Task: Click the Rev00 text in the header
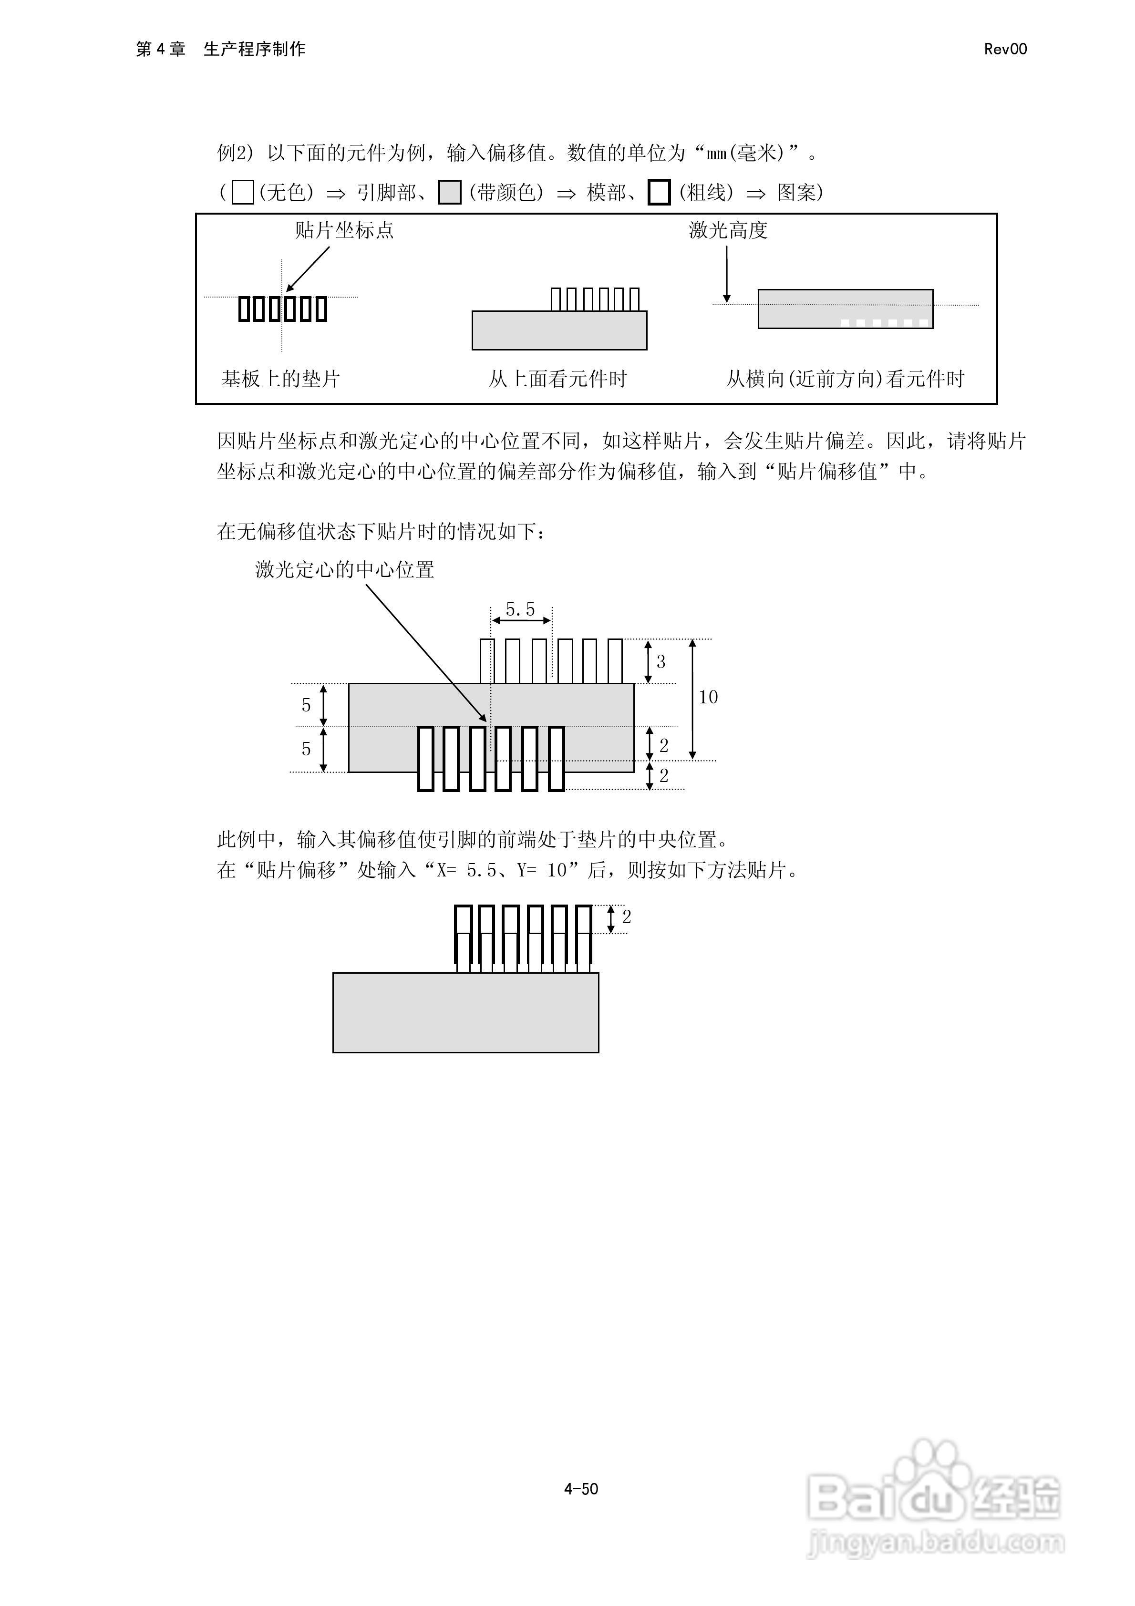tap(1005, 49)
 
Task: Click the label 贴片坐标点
tap(343, 230)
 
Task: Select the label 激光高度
tap(728, 230)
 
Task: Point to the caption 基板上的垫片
tap(280, 379)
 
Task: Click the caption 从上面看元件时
tap(557, 379)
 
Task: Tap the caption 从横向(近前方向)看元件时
tap(845, 379)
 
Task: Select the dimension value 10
tap(708, 697)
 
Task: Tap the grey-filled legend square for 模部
tap(449, 192)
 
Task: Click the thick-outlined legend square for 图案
tap(659, 192)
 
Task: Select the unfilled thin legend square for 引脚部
tap(242, 192)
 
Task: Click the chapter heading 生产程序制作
tap(255, 49)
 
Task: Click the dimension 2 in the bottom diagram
tap(626, 917)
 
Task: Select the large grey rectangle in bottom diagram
tap(465, 1013)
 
